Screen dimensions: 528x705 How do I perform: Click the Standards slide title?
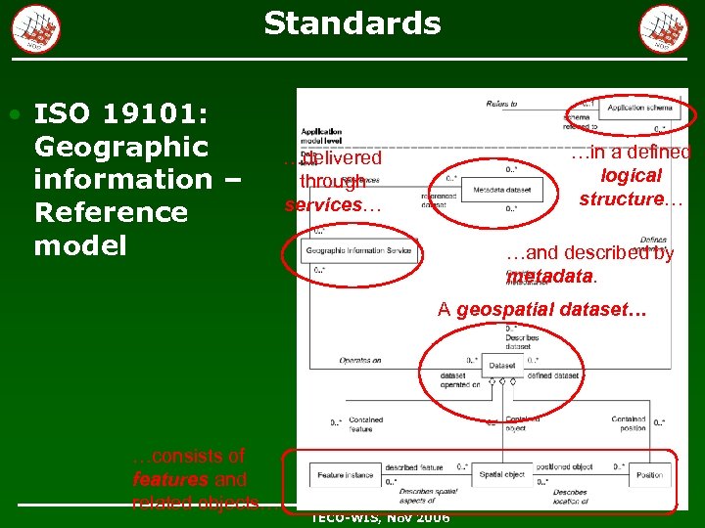pyautogui.click(x=352, y=22)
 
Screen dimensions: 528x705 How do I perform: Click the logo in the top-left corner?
pyautogui.click(x=36, y=28)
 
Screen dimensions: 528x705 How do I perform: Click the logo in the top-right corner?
pyautogui.click(x=663, y=28)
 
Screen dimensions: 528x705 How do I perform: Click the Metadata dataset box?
pyautogui.click(x=495, y=190)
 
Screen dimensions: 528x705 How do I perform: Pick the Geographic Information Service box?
pyautogui.click(x=358, y=251)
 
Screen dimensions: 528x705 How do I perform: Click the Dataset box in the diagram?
pyautogui.click(x=502, y=366)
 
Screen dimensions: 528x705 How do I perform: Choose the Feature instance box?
pyautogui.click(x=345, y=475)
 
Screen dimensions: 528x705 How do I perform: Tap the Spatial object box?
pyautogui.click(x=501, y=475)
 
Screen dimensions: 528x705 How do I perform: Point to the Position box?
pyautogui.click(x=649, y=475)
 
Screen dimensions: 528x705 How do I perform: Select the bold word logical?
pyautogui.click(x=632, y=176)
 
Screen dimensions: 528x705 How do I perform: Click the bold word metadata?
pyautogui.click(x=551, y=277)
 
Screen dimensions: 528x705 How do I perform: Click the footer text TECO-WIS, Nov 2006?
pyautogui.click(x=380, y=516)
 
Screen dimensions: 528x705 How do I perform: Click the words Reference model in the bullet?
pyautogui.click(x=110, y=228)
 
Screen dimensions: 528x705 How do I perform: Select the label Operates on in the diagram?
pyautogui.click(x=360, y=361)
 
